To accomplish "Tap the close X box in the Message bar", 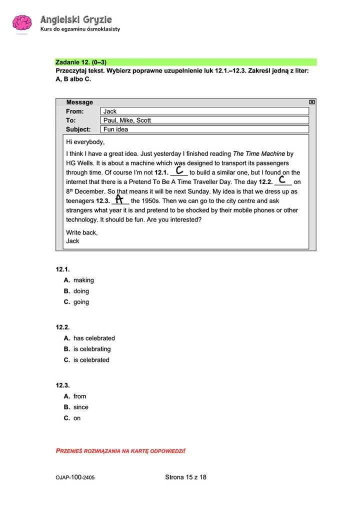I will coord(312,102).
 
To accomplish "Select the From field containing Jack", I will coord(204,111).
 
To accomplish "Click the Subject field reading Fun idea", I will coord(204,129).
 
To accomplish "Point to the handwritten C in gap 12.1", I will coord(179,171).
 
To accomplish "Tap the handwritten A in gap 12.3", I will coord(119,199).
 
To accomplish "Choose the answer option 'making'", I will coord(83,280).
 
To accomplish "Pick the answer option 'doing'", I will coord(81,291).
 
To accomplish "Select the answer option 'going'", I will coord(81,302).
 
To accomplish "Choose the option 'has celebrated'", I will coord(94,338).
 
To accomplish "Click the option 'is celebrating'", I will coord(92,349).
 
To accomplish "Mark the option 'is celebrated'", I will coord(91,360).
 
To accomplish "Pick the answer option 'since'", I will coord(80,407).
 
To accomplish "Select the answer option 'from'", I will coord(79,396).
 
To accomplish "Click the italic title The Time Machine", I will coord(259,153).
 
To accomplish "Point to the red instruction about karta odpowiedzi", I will coord(120,451).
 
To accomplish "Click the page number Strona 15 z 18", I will coord(185,477).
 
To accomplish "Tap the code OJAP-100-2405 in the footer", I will coord(75,478).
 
